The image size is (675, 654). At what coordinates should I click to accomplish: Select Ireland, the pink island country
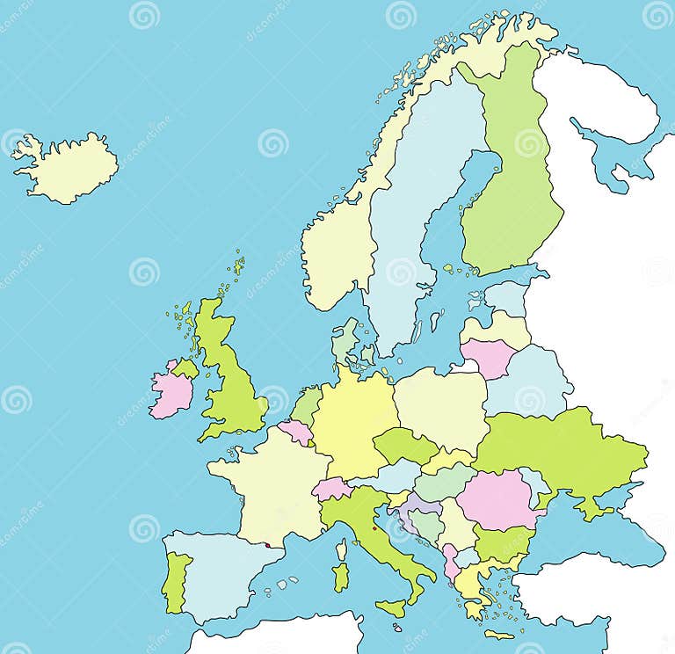pyautogui.click(x=171, y=392)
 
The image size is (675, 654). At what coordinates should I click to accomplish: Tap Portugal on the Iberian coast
pyautogui.click(x=176, y=579)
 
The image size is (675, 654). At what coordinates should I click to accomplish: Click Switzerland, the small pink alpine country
pyautogui.click(x=332, y=489)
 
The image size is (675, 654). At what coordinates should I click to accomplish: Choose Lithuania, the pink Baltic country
pyautogui.click(x=488, y=357)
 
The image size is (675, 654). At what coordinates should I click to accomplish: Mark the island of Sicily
pyautogui.click(x=391, y=607)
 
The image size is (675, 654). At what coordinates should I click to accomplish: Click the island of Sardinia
pyautogui.click(x=341, y=577)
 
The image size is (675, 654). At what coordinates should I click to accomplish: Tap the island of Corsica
pyautogui.click(x=342, y=549)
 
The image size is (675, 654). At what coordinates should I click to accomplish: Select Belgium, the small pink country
pyautogui.click(x=296, y=431)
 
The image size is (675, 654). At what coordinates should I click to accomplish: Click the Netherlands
pyautogui.click(x=308, y=405)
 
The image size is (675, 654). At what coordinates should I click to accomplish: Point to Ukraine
pyautogui.click(x=562, y=448)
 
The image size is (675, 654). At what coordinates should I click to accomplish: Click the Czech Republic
pyautogui.click(x=403, y=446)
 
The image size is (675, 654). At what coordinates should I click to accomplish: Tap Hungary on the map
pyautogui.click(x=444, y=483)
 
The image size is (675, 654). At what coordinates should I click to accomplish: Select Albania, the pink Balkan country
pyautogui.click(x=451, y=561)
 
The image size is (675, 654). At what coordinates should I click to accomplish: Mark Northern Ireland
pyautogui.click(x=186, y=367)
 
